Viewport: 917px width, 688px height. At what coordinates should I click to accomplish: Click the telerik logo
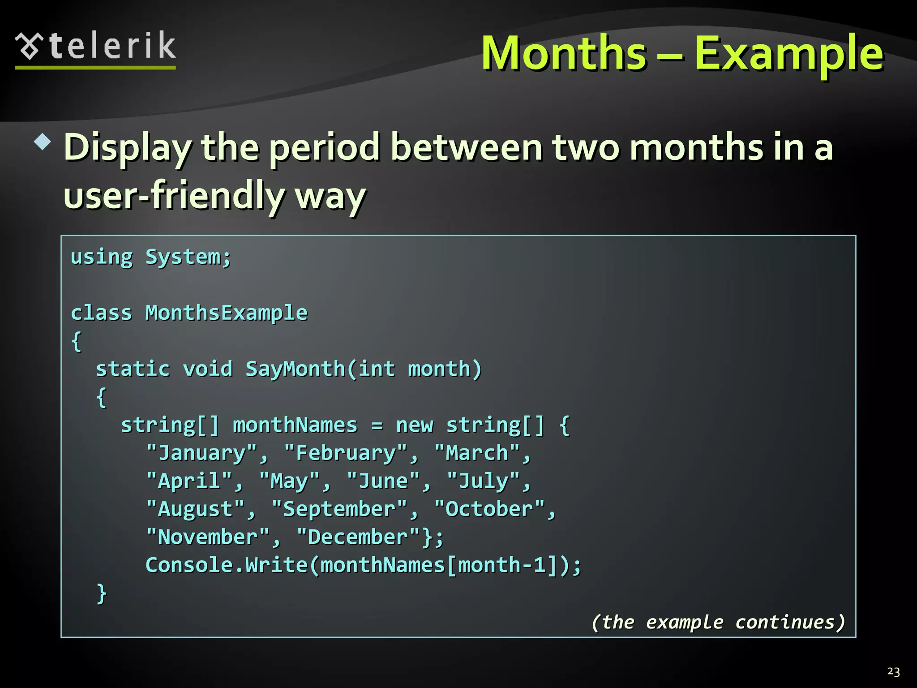[x=95, y=47]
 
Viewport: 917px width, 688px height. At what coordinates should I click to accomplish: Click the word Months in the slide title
[x=564, y=53]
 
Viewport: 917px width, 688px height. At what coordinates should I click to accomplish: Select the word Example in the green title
[x=788, y=54]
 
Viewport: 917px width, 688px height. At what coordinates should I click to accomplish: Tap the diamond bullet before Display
[x=43, y=142]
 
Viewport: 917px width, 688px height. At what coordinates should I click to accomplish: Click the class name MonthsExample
[x=226, y=313]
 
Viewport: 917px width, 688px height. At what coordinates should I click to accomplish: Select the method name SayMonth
[x=295, y=369]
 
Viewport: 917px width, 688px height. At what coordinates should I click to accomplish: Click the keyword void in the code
[x=208, y=369]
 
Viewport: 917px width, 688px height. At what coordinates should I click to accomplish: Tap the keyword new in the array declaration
[x=414, y=425]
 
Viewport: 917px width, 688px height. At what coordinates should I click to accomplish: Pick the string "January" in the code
[x=201, y=453]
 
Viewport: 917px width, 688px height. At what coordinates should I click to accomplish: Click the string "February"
[x=346, y=453]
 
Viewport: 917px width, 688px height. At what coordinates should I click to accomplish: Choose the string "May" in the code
[x=290, y=481]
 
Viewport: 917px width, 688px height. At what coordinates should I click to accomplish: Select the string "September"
[x=339, y=509]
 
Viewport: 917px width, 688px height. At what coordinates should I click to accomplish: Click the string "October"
[x=489, y=509]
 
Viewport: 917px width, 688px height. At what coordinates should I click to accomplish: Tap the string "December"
[x=358, y=537]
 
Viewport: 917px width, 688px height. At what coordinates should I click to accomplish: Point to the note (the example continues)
[x=718, y=622]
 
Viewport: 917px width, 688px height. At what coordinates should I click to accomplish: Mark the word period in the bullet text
[x=325, y=148]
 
